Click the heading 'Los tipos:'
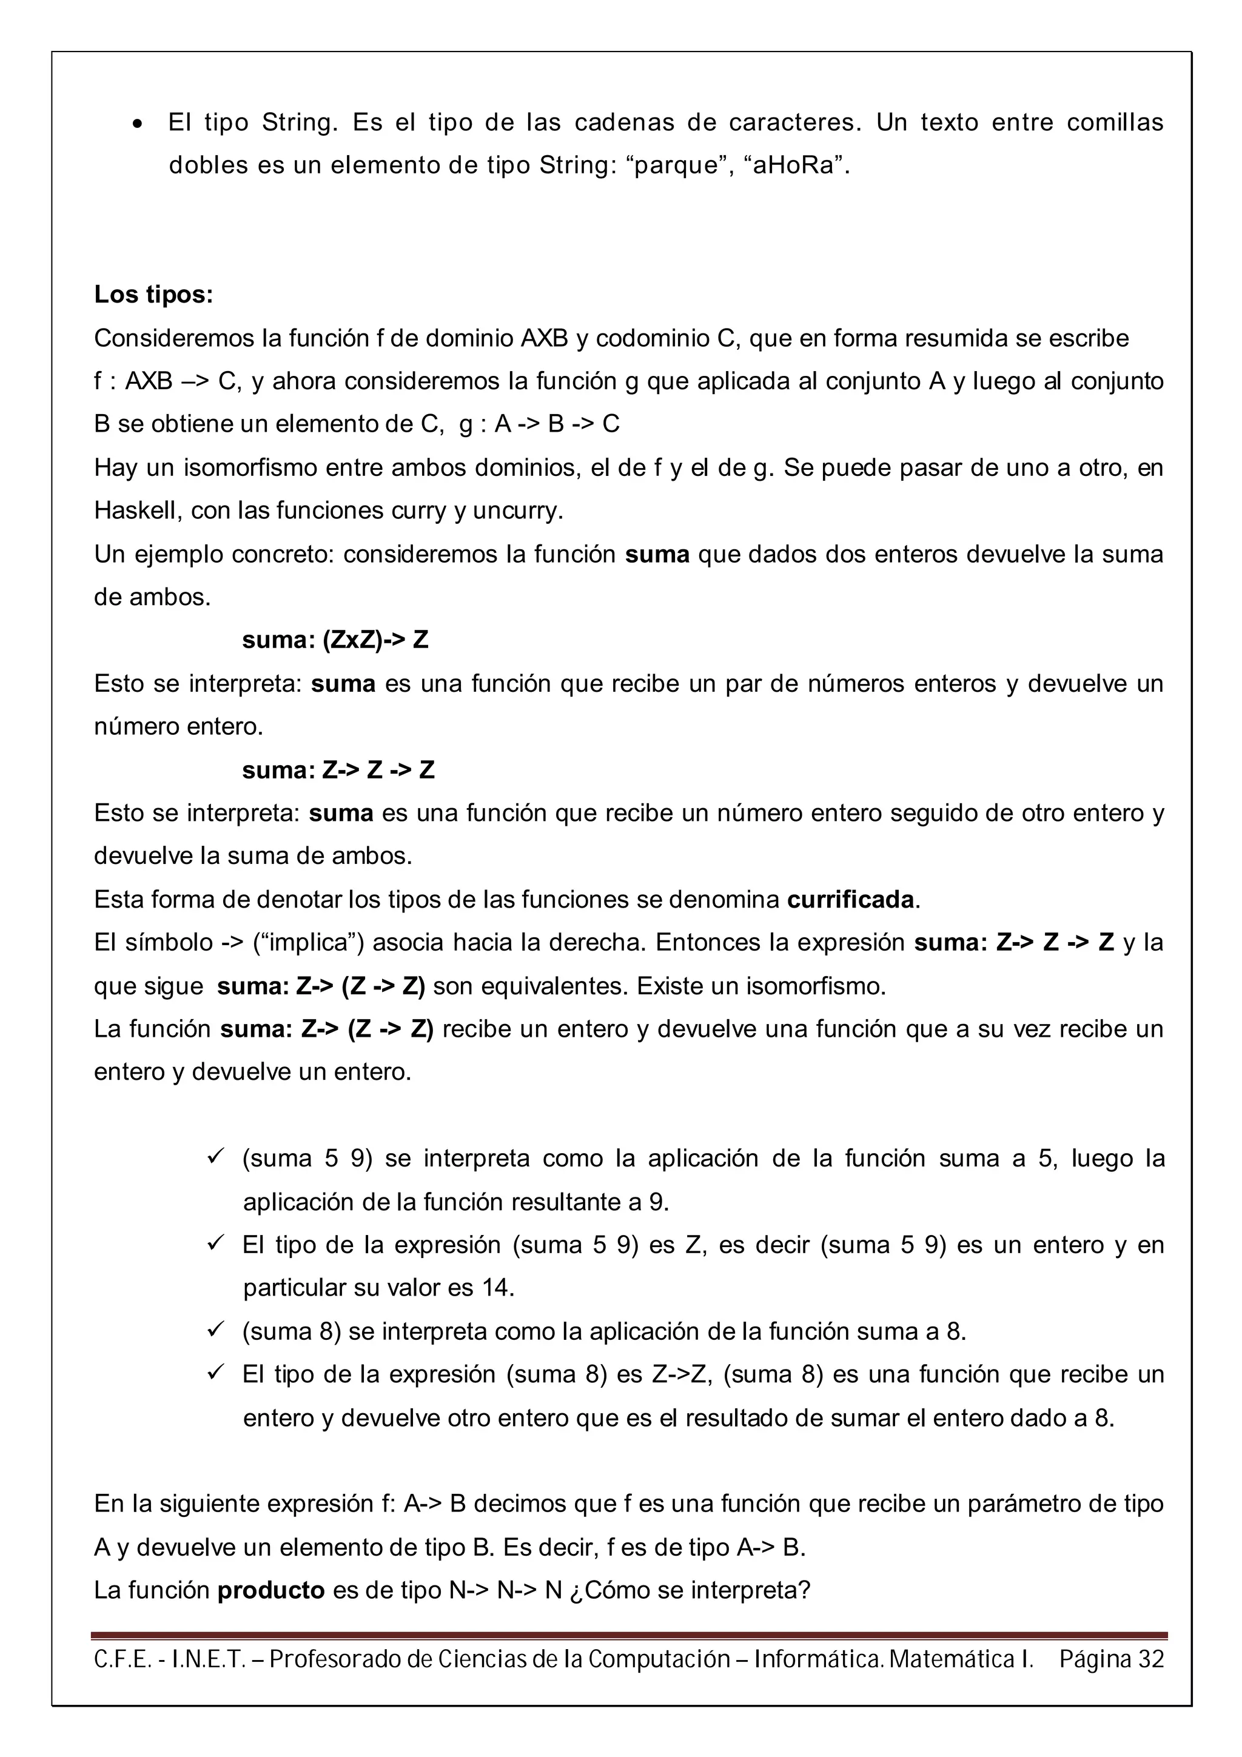tap(153, 295)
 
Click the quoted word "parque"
tap(674, 166)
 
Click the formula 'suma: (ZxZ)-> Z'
tap(335, 640)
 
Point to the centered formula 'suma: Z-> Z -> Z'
tap(338, 770)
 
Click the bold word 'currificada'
tap(850, 899)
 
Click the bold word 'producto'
tap(271, 1590)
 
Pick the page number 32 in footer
tap(1150, 1659)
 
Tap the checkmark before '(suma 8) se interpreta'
tap(215, 1331)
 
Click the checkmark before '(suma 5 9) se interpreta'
tap(215, 1158)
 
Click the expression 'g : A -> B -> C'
tap(539, 424)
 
